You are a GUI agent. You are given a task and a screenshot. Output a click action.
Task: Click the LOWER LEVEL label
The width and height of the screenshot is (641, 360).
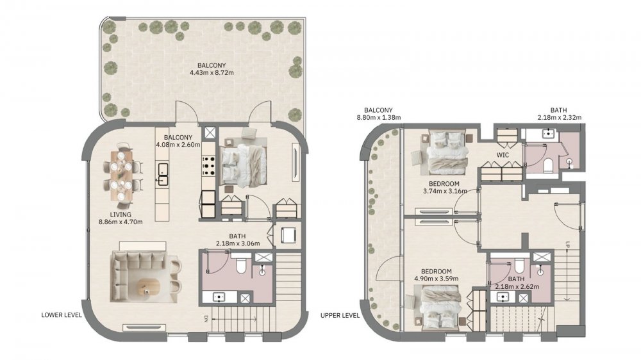(x=62, y=315)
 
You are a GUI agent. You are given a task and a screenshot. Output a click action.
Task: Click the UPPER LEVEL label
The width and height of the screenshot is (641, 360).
(x=340, y=315)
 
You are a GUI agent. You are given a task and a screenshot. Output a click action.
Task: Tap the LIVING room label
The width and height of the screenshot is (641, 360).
(x=121, y=215)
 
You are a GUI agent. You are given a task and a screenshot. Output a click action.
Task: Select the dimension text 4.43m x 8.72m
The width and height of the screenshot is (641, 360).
(x=212, y=73)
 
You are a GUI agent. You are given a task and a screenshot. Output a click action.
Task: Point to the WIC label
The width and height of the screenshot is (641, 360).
(x=503, y=155)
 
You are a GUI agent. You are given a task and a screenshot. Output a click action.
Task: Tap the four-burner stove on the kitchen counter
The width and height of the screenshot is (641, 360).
(x=208, y=167)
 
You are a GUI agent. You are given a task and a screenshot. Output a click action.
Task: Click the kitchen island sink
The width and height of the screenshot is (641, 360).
(x=163, y=174)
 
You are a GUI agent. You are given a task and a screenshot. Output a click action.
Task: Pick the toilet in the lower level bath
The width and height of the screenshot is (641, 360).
(x=240, y=266)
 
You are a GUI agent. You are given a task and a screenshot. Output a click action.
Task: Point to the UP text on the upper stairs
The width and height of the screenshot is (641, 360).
(x=567, y=245)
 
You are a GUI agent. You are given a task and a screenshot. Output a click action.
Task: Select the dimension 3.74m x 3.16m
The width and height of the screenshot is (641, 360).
(x=445, y=191)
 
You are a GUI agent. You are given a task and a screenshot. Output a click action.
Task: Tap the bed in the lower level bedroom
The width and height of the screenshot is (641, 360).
(x=243, y=161)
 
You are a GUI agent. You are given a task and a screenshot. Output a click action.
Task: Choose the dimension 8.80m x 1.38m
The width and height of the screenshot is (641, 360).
(x=379, y=117)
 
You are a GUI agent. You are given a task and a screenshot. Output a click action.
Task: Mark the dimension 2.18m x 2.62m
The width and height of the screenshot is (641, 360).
(x=517, y=286)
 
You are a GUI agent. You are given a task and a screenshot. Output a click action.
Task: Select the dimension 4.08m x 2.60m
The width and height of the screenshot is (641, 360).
(x=178, y=145)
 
